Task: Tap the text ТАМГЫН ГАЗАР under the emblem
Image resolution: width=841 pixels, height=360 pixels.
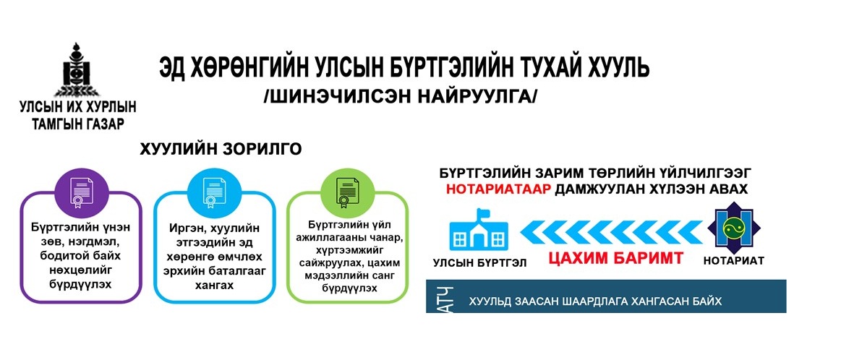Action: coord(78,124)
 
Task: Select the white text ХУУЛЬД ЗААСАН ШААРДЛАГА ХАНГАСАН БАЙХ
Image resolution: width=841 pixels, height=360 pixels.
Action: coord(594,302)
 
